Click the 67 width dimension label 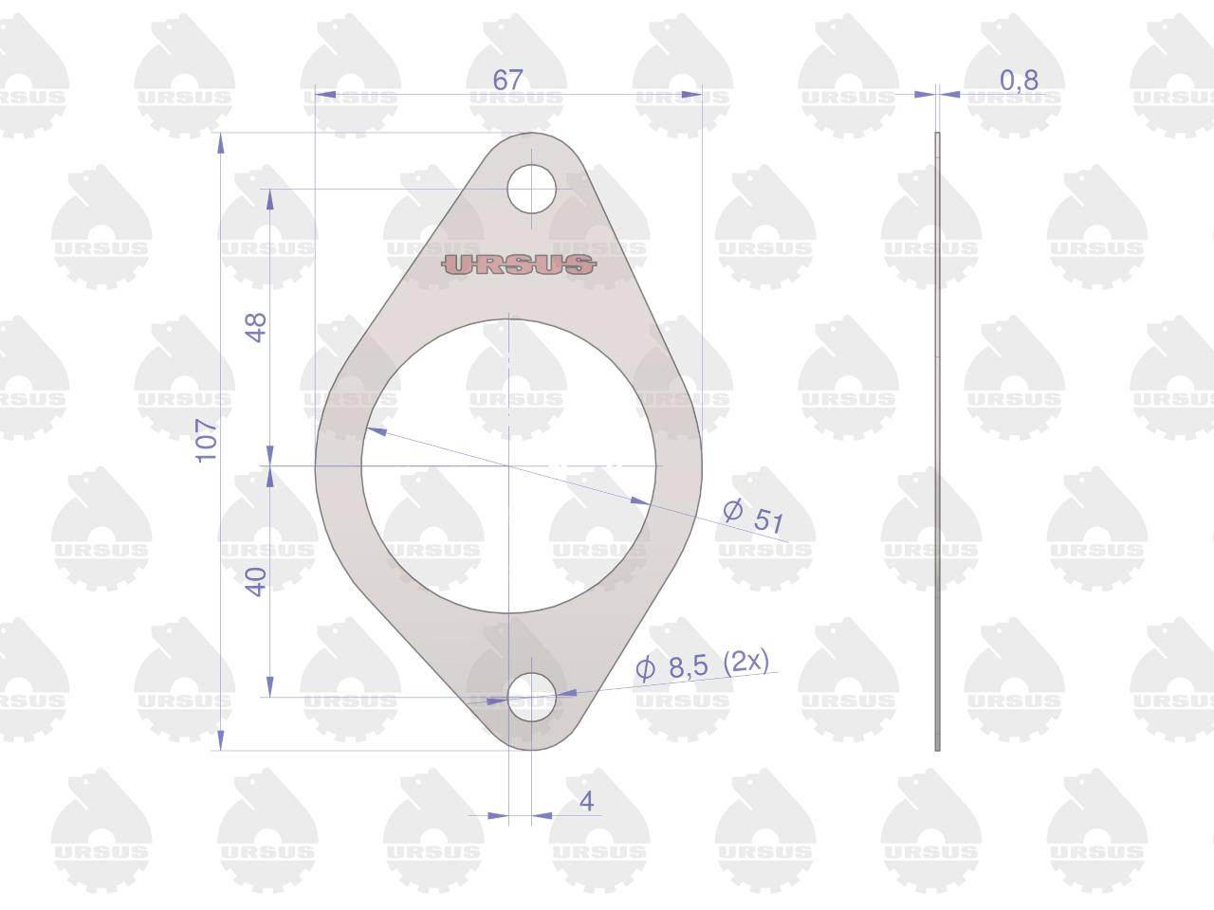pos(507,80)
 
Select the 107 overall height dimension pos(207,440)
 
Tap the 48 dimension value pos(256,327)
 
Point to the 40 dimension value pos(256,581)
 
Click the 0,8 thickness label pos(1019,81)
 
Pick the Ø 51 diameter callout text pos(754,516)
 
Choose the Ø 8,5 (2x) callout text pos(702,664)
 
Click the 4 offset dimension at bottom pos(586,802)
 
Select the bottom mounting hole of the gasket pos(531,699)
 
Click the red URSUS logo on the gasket pos(519,264)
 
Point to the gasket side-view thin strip pos(937,441)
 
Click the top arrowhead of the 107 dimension pos(222,142)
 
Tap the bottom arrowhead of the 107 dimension pos(222,741)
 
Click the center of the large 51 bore pos(508,466)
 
